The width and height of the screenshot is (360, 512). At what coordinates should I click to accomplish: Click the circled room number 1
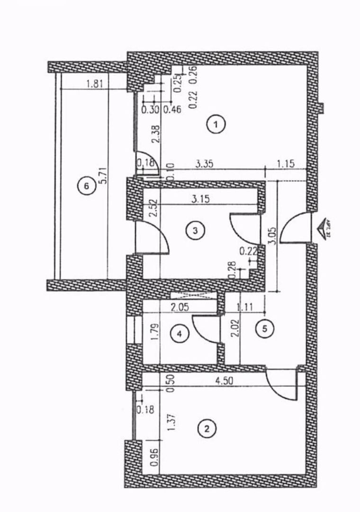(216, 125)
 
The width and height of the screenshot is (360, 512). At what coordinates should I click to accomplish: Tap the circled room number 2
(206, 429)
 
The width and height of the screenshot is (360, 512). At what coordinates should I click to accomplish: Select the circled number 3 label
(195, 231)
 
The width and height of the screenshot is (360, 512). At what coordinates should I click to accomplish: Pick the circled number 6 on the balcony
(86, 186)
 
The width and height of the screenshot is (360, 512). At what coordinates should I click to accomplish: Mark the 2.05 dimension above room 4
(180, 307)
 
